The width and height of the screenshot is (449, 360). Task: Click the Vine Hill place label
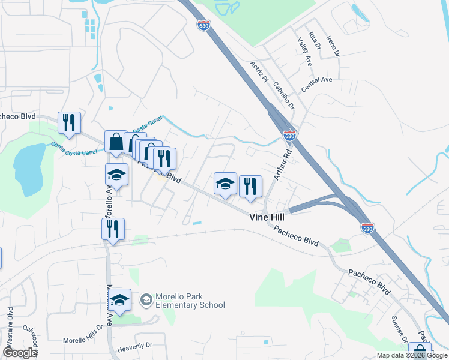[268, 219]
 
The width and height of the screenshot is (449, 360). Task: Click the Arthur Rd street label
[282, 164]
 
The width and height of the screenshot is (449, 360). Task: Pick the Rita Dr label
[313, 43]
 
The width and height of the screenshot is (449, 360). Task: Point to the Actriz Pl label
[260, 71]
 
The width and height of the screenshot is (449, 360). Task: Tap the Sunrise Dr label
[397, 328]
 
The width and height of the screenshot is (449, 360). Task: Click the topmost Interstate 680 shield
[204, 24]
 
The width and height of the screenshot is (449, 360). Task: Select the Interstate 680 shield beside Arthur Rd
[289, 136]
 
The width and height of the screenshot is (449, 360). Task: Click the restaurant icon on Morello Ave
[113, 229]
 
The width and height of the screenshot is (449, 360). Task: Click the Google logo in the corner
[20, 353]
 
